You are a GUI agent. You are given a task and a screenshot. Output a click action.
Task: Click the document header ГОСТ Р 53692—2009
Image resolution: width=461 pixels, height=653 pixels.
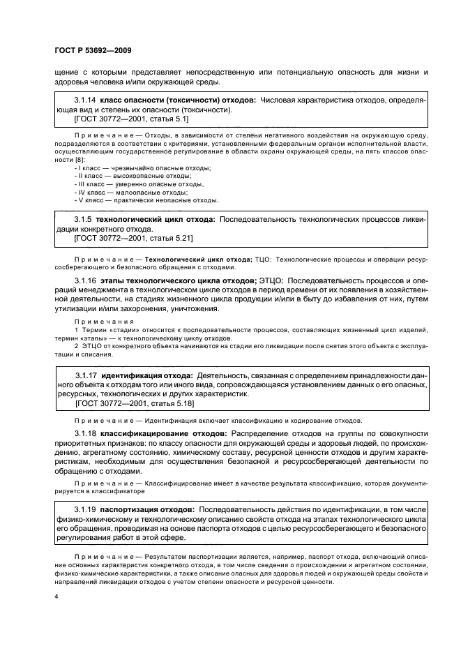(93, 51)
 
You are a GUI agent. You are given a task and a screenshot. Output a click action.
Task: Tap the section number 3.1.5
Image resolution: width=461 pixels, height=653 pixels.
(83, 219)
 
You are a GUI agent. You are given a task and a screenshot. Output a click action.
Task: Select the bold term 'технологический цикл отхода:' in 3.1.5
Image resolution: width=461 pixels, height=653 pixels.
(157, 219)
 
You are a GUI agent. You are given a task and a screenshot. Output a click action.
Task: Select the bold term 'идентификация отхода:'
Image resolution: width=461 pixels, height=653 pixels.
(147, 375)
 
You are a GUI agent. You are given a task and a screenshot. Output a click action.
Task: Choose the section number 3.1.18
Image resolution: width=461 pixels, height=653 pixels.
(86, 434)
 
